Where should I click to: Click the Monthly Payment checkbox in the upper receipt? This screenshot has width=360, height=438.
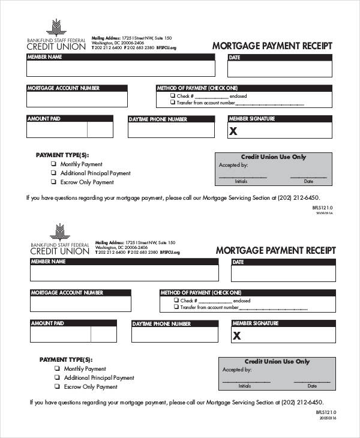53,164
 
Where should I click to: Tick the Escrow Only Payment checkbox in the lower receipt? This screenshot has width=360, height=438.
57,387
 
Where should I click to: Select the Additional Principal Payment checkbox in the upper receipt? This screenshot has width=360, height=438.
53,173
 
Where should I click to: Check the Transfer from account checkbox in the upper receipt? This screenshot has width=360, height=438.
172,103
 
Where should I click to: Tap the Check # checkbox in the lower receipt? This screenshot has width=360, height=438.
176,300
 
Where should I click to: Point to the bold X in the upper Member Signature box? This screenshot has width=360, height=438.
234,131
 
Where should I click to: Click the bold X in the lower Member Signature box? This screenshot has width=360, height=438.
237,336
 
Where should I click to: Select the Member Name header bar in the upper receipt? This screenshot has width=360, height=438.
120,57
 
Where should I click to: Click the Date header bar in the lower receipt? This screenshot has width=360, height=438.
283,262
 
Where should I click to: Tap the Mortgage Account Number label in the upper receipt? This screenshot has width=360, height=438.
63,88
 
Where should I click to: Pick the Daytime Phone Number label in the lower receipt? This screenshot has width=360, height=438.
161,324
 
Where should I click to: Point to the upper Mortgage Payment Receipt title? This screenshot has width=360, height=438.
272,46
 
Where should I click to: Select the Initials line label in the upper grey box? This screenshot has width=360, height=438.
241,181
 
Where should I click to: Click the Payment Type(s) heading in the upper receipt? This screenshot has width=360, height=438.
56,155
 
